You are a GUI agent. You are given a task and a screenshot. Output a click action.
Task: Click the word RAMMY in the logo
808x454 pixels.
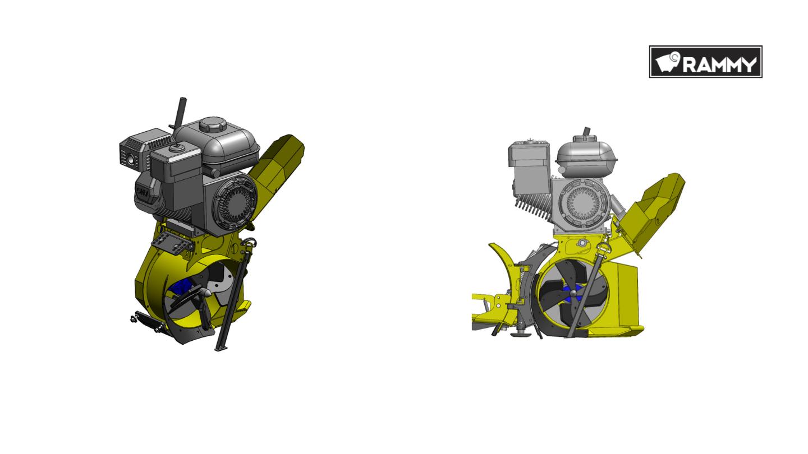(x=719, y=65)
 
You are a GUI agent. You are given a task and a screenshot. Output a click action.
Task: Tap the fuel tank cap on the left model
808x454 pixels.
(x=213, y=124)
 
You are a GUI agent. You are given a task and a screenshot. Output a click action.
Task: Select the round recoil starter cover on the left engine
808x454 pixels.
(x=235, y=203)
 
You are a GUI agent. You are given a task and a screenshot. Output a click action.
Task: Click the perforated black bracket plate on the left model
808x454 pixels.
(x=172, y=243)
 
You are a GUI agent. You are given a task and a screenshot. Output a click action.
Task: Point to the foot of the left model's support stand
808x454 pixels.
(x=221, y=348)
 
